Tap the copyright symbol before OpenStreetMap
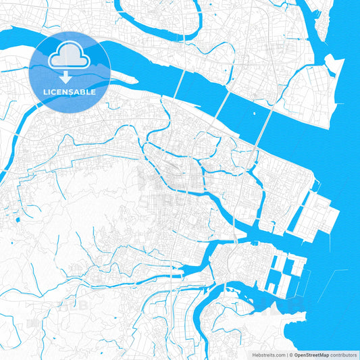[290, 354]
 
